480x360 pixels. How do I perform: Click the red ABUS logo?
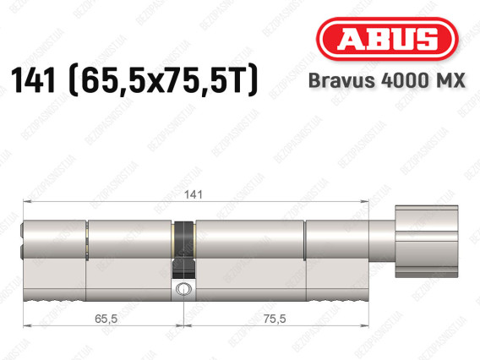pyautogui.click(x=387, y=39)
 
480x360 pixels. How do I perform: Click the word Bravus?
pyautogui.click(x=342, y=80)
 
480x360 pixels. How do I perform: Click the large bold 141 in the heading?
pyautogui.click(x=33, y=80)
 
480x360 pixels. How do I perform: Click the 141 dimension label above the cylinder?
pyautogui.click(x=194, y=194)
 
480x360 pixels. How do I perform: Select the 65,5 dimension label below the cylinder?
pyautogui.click(x=106, y=319)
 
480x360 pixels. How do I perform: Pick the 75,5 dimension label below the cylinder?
pyautogui.click(x=275, y=319)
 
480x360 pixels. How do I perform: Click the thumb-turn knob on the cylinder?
pyautogui.click(x=427, y=242)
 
